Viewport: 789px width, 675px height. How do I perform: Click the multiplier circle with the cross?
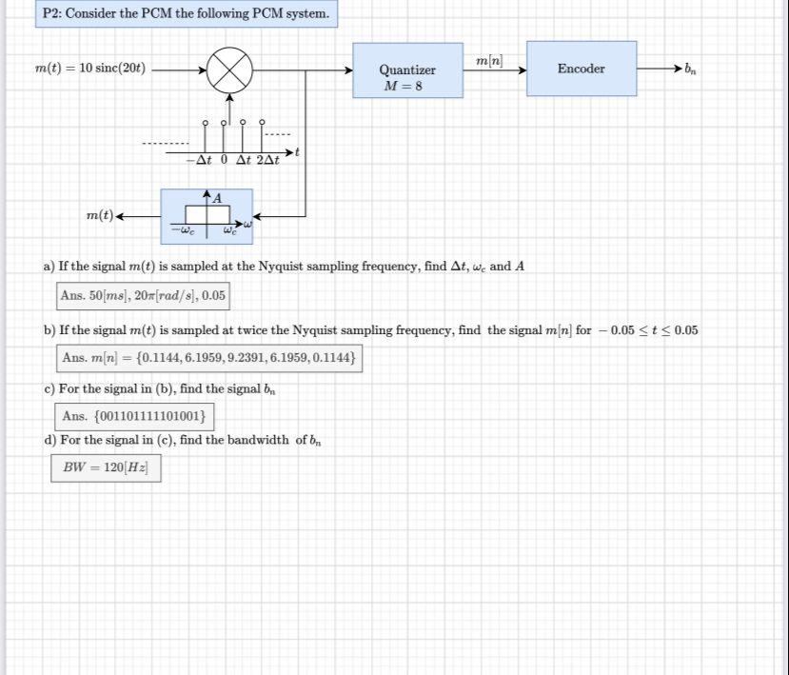[229, 69]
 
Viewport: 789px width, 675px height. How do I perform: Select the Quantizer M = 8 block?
[407, 70]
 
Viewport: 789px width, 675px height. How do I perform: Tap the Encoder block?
[582, 69]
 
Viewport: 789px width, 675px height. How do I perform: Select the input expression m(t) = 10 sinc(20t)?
[90, 69]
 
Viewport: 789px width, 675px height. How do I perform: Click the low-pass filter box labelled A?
[207, 216]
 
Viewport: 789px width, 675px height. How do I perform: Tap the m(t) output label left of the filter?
[99, 216]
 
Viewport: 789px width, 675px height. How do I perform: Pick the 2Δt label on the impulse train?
[266, 160]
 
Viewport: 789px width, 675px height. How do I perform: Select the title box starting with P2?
[187, 14]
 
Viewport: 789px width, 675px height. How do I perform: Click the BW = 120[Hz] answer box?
[106, 467]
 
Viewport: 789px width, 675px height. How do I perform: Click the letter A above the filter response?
[217, 198]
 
